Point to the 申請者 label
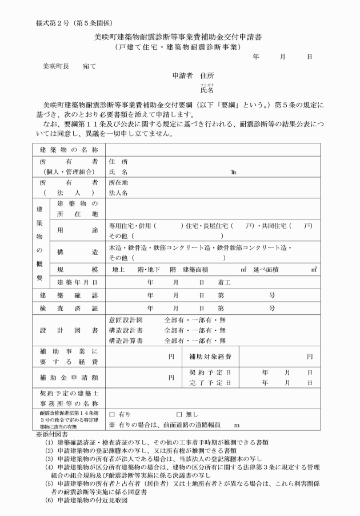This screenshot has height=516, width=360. click(182, 75)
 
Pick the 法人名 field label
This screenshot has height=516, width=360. click(118, 193)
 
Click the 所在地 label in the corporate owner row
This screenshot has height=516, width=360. click(118, 182)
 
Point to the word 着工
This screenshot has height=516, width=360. click(223, 282)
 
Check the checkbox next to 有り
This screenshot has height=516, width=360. click(113, 414)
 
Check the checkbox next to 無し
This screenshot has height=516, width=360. click(179, 414)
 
